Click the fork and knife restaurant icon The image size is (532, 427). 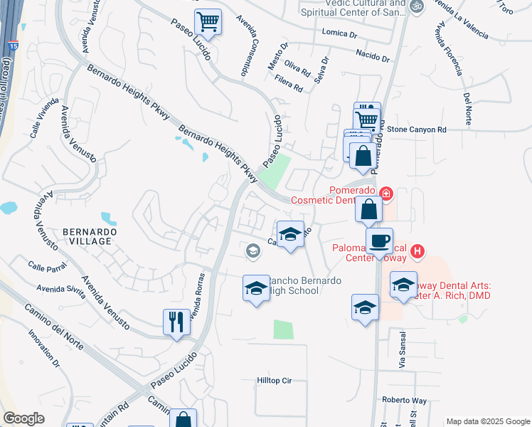point(176,322)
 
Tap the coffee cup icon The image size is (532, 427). point(379,241)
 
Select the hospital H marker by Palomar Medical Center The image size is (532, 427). point(418,251)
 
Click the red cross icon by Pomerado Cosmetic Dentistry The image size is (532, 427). point(385,193)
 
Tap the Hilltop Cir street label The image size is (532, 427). point(275,381)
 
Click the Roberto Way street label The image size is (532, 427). point(403,400)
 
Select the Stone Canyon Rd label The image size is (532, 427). point(417,130)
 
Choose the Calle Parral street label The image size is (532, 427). point(47,267)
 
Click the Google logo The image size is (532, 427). point(23,418)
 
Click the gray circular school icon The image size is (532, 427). point(252,251)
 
